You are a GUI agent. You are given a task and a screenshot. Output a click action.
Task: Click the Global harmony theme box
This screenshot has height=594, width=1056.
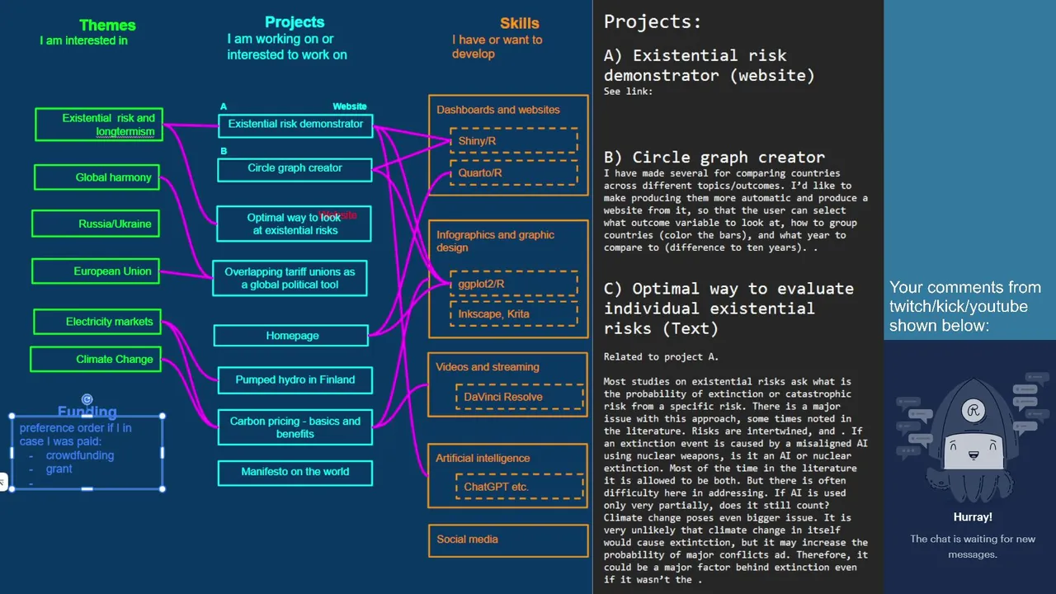tap(97, 177)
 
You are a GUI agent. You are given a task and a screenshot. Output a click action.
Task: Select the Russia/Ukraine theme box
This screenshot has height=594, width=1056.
tap(96, 224)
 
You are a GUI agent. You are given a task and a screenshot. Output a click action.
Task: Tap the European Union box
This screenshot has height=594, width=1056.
tap(96, 271)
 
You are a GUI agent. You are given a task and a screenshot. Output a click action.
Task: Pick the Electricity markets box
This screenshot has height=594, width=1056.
tap(97, 322)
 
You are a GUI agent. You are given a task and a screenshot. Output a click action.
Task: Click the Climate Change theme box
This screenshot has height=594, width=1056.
tap(96, 359)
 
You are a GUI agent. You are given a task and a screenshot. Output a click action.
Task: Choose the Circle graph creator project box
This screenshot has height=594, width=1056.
tap(295, 170)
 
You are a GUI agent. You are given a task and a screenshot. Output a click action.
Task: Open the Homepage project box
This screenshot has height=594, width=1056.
tap(291, 336)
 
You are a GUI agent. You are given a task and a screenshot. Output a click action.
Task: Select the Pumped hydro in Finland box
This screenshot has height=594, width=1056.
tap(295, 380)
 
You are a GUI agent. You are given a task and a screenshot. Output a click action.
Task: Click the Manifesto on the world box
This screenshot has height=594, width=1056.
tap(295, 473)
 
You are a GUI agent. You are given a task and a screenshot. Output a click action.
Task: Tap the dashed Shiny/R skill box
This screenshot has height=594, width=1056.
tap(514, 140)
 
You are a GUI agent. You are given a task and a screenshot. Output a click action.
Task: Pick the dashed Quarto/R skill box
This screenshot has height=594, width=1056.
tap(514, 172)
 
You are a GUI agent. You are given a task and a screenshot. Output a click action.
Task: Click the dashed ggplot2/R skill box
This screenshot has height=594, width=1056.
tap(514, 284)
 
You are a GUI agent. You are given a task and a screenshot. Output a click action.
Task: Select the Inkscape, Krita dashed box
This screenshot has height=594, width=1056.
tap(514, 314)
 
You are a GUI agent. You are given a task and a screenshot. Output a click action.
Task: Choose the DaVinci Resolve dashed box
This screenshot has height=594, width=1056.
tap(520, 397)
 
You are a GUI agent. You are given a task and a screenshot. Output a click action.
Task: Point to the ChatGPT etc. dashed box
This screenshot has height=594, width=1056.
tap(520, 487)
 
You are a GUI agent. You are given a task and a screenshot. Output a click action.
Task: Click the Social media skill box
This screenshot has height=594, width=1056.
tap(508, 540)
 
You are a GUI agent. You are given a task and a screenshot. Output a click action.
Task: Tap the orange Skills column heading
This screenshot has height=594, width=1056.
tap(520, 23)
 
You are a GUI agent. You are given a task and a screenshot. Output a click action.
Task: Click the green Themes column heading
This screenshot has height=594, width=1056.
tap(107, 25)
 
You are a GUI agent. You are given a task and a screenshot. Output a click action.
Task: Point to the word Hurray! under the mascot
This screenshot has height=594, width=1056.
tap(973, 517)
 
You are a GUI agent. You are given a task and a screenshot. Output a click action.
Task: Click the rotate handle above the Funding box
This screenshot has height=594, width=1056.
tap(87, 399)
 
